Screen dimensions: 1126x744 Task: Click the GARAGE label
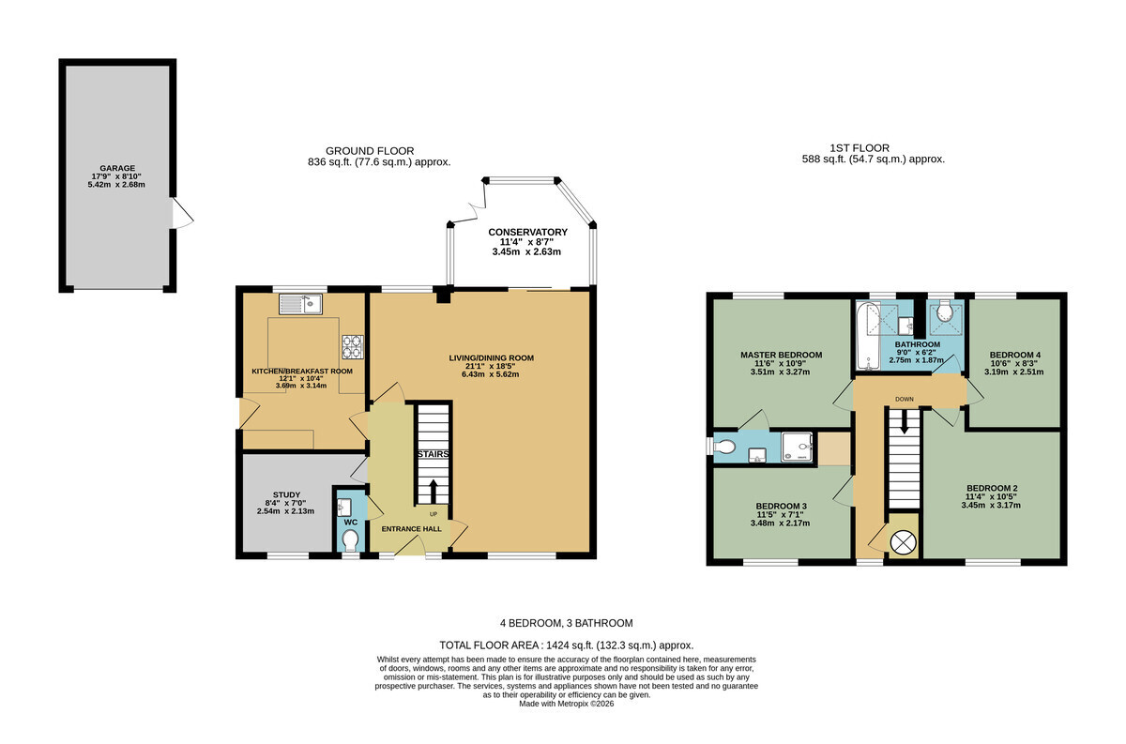(117, 168)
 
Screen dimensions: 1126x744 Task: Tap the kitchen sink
(300, 304)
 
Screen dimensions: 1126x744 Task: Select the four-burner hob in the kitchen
(353, 347)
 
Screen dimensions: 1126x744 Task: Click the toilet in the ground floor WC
(350, 542)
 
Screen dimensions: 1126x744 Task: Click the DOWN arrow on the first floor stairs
(904, 422)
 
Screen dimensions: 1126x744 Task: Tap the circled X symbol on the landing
(904, 542)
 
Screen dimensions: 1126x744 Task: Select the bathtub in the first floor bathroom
(868, 336)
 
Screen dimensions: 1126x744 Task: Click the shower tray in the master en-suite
(797, 447)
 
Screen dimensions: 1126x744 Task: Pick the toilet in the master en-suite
(724, 446)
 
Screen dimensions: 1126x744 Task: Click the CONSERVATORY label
(527, 233)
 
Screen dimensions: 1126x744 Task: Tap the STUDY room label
(286, 494)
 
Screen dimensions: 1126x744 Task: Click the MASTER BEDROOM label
(781, 355)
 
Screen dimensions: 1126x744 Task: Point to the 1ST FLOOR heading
(860, 148)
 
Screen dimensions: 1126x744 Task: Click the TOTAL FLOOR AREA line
(567, 645)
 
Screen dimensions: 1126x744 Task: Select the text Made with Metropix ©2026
(567, 704)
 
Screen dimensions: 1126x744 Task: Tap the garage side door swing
(183, 213)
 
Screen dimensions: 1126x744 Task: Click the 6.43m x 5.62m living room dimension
(491, 374)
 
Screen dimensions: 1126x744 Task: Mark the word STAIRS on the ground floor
(434, 454)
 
